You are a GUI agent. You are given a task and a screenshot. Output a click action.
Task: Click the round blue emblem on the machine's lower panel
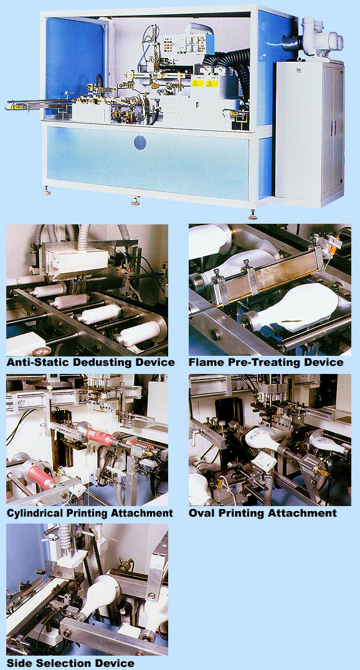point(140,142)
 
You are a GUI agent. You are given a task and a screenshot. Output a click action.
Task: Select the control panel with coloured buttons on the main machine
point(188,44)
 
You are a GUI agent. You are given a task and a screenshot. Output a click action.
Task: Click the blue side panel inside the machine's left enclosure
point(75,64)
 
